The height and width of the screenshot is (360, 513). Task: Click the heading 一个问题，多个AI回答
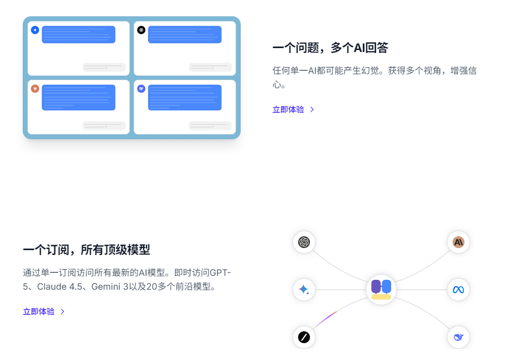click(330, 48)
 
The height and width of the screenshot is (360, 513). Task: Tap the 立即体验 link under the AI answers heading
click(288, 109)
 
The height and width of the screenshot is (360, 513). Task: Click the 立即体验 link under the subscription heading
click(39, 311)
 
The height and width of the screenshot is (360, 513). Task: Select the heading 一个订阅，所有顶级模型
click(86, 250)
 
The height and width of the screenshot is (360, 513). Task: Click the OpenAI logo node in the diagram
click(304, 242)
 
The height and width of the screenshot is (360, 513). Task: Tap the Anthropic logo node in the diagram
click(459, 242)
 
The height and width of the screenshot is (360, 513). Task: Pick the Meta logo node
click(459, 290)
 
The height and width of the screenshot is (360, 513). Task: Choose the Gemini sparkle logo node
click(304, 290)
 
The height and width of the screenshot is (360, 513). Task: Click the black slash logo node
click(304, 337)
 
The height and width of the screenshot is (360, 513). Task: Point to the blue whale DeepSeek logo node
click(459, 337)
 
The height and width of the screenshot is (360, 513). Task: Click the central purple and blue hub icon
click(381, 290)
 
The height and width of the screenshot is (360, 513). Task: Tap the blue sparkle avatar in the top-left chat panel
click(35, 30)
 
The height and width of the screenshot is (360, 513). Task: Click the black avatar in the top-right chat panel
click(141, 30)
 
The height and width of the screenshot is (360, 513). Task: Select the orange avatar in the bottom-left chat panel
click(35, 89)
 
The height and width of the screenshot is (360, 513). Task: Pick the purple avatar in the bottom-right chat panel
click(141, 89)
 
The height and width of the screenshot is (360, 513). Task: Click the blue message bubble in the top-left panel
click(79, 34)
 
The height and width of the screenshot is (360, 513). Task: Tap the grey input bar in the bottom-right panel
click(210, 126)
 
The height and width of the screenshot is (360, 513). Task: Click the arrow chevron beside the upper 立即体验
click(312, 109)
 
